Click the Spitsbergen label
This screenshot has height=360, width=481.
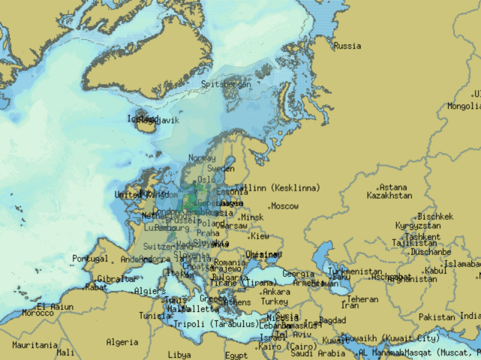tap(226, 85)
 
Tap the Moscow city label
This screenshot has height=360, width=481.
tap(284, 206)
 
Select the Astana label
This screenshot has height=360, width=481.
tap(392, 187)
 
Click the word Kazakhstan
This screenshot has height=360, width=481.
tap(389, 196)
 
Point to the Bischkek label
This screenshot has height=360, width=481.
tap(435, 217)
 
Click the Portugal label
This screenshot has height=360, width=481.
tap(90, 259)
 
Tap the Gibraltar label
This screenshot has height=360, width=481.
tap(116, 279)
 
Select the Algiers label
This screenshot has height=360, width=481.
tap(149, 291)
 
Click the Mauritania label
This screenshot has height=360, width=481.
tap(35, 346)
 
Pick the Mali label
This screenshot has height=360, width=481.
tap(65, 352)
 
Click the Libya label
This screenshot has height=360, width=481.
tap(179, 355)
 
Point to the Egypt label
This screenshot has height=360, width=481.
tap(236, 355)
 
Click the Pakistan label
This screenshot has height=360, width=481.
tap(437, 317)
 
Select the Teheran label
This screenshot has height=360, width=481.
tap(362, 298)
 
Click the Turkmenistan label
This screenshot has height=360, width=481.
tap(356, 271)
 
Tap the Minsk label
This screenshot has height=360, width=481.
tap(252, 217)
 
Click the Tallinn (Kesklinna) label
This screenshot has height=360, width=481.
tap(277, 187)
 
